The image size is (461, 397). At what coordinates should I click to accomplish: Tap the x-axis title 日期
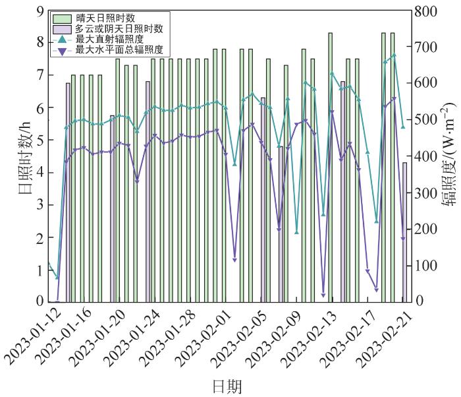coord(227,385)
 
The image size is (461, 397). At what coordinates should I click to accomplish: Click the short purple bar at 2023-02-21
coord(404,232)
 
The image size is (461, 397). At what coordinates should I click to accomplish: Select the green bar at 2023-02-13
coord(331,168)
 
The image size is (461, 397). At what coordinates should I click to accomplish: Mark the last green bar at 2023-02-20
coord(393,168)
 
